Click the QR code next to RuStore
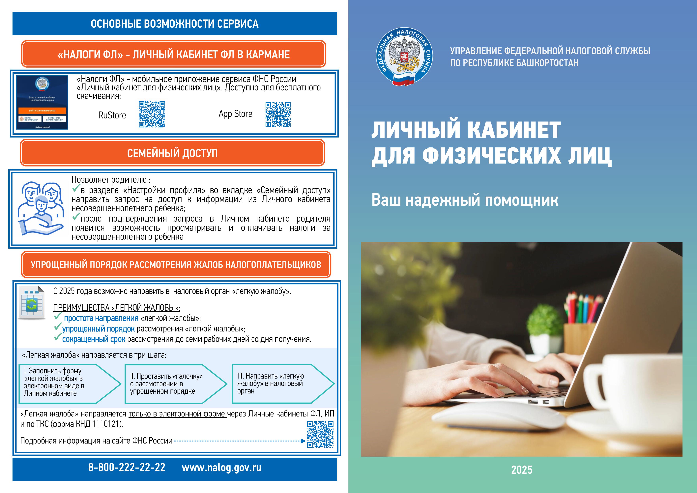click(x=152, y=114)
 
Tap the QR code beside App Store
click(x=278, y=114)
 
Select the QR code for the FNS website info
click(x=320, y=434)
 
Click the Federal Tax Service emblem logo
click(x=404, y=57)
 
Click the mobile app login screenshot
click(x=42, y=102)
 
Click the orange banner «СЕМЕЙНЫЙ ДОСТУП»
click(x=172, y=153)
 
